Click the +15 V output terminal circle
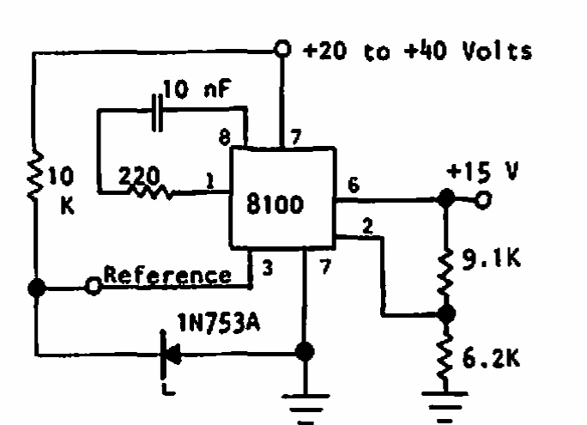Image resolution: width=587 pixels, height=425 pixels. click(484, 200)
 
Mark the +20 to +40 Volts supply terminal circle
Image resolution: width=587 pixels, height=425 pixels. click(284, 49)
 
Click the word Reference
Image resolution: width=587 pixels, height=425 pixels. click(167, 276)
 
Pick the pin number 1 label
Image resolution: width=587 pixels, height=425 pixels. click(209, 180)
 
